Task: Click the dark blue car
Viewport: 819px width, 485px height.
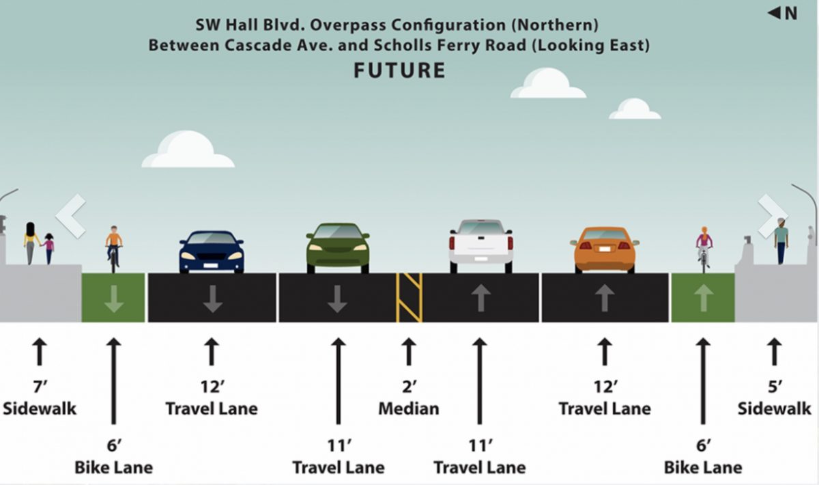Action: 212,252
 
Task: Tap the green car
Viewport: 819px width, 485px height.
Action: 337,248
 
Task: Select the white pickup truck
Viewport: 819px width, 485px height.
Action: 480,246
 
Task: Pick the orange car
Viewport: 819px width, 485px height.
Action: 605,250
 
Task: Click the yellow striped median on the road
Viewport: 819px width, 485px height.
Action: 409,298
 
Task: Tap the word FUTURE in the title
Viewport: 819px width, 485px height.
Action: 400,70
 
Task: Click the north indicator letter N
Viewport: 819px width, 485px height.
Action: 791,14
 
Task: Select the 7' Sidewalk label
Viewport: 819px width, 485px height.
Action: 40,398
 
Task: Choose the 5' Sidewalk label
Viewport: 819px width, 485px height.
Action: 774,398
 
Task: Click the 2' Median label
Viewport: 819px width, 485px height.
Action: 409,398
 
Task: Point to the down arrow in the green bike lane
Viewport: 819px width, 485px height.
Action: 114,299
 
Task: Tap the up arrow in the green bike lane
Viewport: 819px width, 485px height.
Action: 704,298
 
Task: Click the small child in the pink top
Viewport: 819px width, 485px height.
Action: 48,249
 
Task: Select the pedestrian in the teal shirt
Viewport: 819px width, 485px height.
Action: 781,241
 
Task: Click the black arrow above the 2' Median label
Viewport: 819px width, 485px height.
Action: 409,351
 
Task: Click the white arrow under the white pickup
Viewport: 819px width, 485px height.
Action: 480,298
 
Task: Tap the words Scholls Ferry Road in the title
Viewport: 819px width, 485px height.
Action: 450,45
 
